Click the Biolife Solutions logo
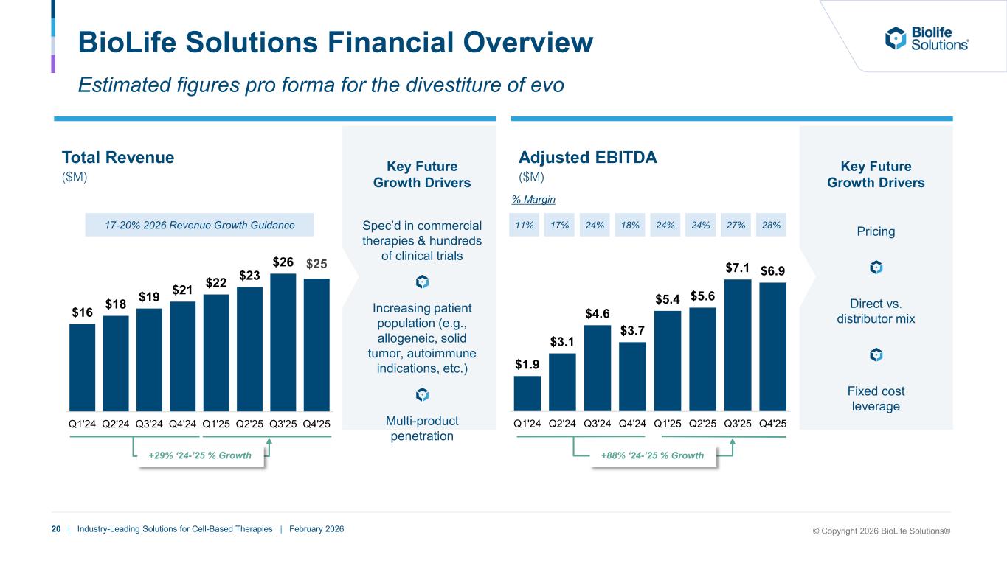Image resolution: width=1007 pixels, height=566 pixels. pos(927,38)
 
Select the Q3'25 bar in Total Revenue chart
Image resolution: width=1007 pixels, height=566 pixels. pos(283,342)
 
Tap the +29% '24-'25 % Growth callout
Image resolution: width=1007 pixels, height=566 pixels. pos(200,456)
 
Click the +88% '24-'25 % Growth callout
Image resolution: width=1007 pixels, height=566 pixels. pos(651,456)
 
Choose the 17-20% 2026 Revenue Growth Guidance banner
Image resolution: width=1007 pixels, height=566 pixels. pos(199,225)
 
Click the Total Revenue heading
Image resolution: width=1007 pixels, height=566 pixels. pos(118,157)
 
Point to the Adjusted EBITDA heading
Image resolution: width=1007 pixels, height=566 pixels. pos(587,157)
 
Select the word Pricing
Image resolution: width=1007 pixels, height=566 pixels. pos(876,231)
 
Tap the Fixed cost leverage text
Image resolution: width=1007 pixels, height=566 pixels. pos(876,399)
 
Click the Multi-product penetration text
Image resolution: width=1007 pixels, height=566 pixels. pos(422,429)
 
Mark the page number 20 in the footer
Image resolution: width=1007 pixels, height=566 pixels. pos(56,529)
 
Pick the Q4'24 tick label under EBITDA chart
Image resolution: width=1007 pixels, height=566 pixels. pos(632,424)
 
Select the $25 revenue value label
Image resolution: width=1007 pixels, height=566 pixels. pos(316,263)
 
